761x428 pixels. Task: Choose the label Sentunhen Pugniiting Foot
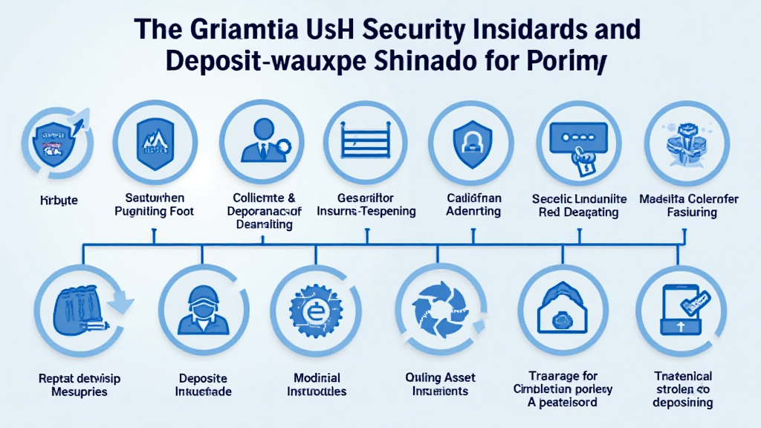[x=155, y=204]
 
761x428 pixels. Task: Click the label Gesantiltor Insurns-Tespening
[x=366, y=204]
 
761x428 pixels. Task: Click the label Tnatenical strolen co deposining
[x=683, y=389]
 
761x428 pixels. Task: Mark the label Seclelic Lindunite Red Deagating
[x=580, y=205]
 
